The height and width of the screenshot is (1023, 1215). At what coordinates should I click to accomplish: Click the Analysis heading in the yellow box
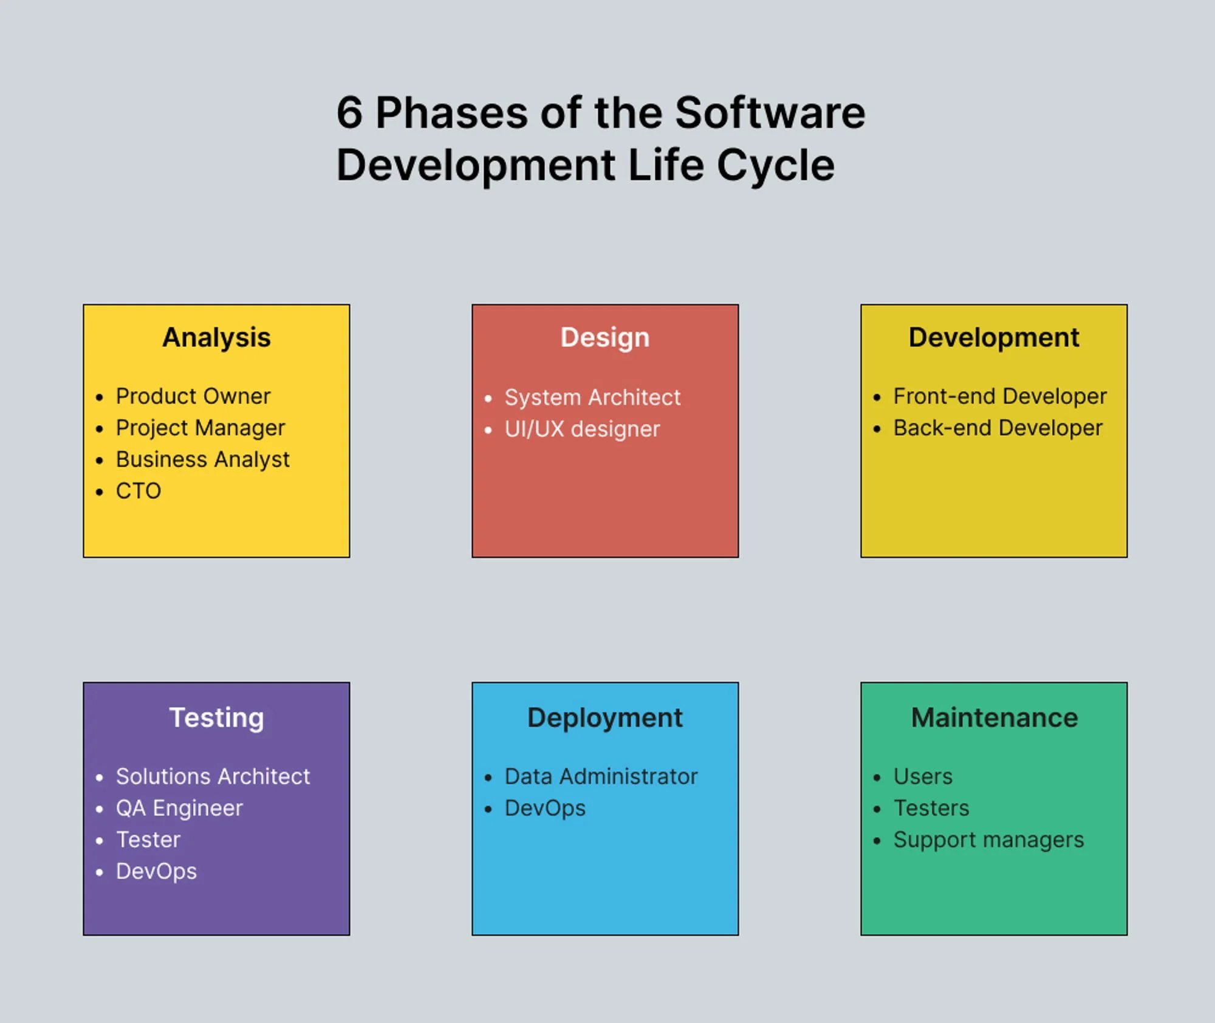pyautogui.click(x=216, y=338)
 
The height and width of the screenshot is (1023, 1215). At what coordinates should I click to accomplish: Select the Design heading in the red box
pyautogui.click(x=604, y=338)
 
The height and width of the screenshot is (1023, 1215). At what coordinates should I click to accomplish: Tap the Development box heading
pyautogui.click(x=994, y=338)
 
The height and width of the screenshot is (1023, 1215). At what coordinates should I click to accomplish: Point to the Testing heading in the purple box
pyautogui.click(x=216, y=718)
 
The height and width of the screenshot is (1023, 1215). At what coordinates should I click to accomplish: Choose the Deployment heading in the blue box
pyautogui.click(x=604, y=718)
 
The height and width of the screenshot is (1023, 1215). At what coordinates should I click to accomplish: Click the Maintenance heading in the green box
pyautogui.click(x=994, y=718)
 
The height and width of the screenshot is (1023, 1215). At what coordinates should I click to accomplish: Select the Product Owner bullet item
pyautogui.click(x=193, y=396)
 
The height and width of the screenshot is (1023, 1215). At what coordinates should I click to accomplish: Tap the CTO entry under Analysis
pyautogui.click(x=139, y=491)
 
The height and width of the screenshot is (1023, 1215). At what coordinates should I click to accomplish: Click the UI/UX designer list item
pyautogui.click(x=581, y=429)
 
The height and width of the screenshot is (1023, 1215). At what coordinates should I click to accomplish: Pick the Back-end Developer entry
pyautogui.click(x=997, y=428)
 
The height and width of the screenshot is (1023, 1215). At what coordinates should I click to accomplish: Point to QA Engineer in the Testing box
pyautogui.click(x=179, y=809)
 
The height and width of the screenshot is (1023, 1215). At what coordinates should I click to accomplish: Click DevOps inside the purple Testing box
pyautogui.click(x=156, y=872)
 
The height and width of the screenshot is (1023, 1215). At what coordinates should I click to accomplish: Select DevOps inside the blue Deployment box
pyautogui.click(x=545, y=809)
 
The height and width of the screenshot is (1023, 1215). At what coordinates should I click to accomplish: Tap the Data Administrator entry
pyautogui.click(x=601, y=777)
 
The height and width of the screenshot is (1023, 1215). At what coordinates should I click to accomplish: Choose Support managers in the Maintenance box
pyautogui.click(x=988, y=840)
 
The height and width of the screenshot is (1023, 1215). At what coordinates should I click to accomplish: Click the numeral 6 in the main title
pyautogui.click(x=349, y=113)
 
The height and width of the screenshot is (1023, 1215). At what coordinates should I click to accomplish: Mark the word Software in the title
pyautogui.click(x=770, y=113)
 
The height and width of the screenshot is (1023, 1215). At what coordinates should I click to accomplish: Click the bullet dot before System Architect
pyautogui.click(x=488, y=399)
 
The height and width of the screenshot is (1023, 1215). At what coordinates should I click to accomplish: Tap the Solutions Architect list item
pyautogui.click(x=213, y=777)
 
